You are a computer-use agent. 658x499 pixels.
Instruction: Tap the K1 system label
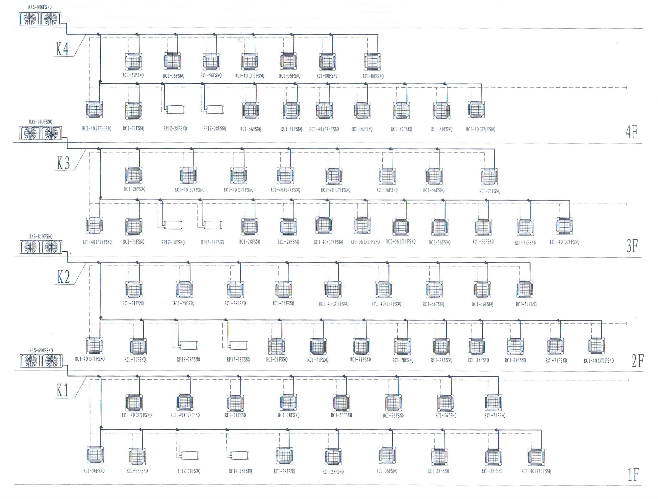click(63, 391)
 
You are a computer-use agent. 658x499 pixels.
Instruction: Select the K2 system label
click(63, 277)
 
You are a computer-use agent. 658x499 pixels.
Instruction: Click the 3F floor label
click(632, 246)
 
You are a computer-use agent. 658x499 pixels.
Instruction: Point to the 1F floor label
click(633, 475)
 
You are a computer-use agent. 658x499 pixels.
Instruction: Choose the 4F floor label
click(631, 132)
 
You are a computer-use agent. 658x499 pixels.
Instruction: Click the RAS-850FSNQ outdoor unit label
click(40, 236)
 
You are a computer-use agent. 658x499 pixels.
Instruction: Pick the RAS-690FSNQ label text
click(40, 350)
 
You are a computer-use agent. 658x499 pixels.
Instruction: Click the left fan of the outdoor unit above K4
click(29, 19)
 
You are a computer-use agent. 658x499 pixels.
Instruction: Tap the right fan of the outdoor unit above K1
click(51, 361)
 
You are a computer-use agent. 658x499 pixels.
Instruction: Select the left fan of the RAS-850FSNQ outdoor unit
click(30, 247)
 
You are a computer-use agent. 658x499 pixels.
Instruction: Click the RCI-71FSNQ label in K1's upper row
click(495, 416)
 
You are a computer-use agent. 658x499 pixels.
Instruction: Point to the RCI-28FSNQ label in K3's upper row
click(134, 189)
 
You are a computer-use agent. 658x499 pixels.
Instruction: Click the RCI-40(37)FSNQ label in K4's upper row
click(249, 76)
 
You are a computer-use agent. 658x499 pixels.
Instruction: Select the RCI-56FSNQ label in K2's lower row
click(277, 360)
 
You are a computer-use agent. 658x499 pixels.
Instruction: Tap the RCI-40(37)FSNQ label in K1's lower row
click(536, 471)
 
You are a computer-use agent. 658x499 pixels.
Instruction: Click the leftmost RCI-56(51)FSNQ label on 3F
click(365, 242)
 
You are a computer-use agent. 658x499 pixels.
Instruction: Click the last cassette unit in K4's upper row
click(372, 62)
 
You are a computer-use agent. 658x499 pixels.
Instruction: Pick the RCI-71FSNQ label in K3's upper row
click(490, 191)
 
